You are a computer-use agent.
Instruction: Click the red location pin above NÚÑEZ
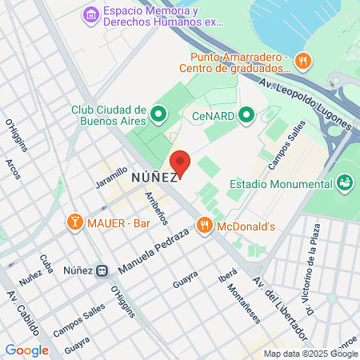tap(180, 162)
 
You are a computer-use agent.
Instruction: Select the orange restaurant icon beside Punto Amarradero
tap(302, 60)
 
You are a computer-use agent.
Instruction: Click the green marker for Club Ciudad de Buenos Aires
tap(158, 114)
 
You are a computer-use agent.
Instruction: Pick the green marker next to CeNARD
tap(247, 115)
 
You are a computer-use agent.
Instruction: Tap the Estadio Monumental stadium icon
tap(346, 184)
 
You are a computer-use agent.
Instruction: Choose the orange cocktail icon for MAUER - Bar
tap(74, 220)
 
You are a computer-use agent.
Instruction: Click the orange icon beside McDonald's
tap(205, 226)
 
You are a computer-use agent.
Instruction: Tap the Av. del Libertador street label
tap(280, 308)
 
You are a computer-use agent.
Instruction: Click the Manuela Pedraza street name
tap(152, 248)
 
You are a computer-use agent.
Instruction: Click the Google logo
tap(26, 350)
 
